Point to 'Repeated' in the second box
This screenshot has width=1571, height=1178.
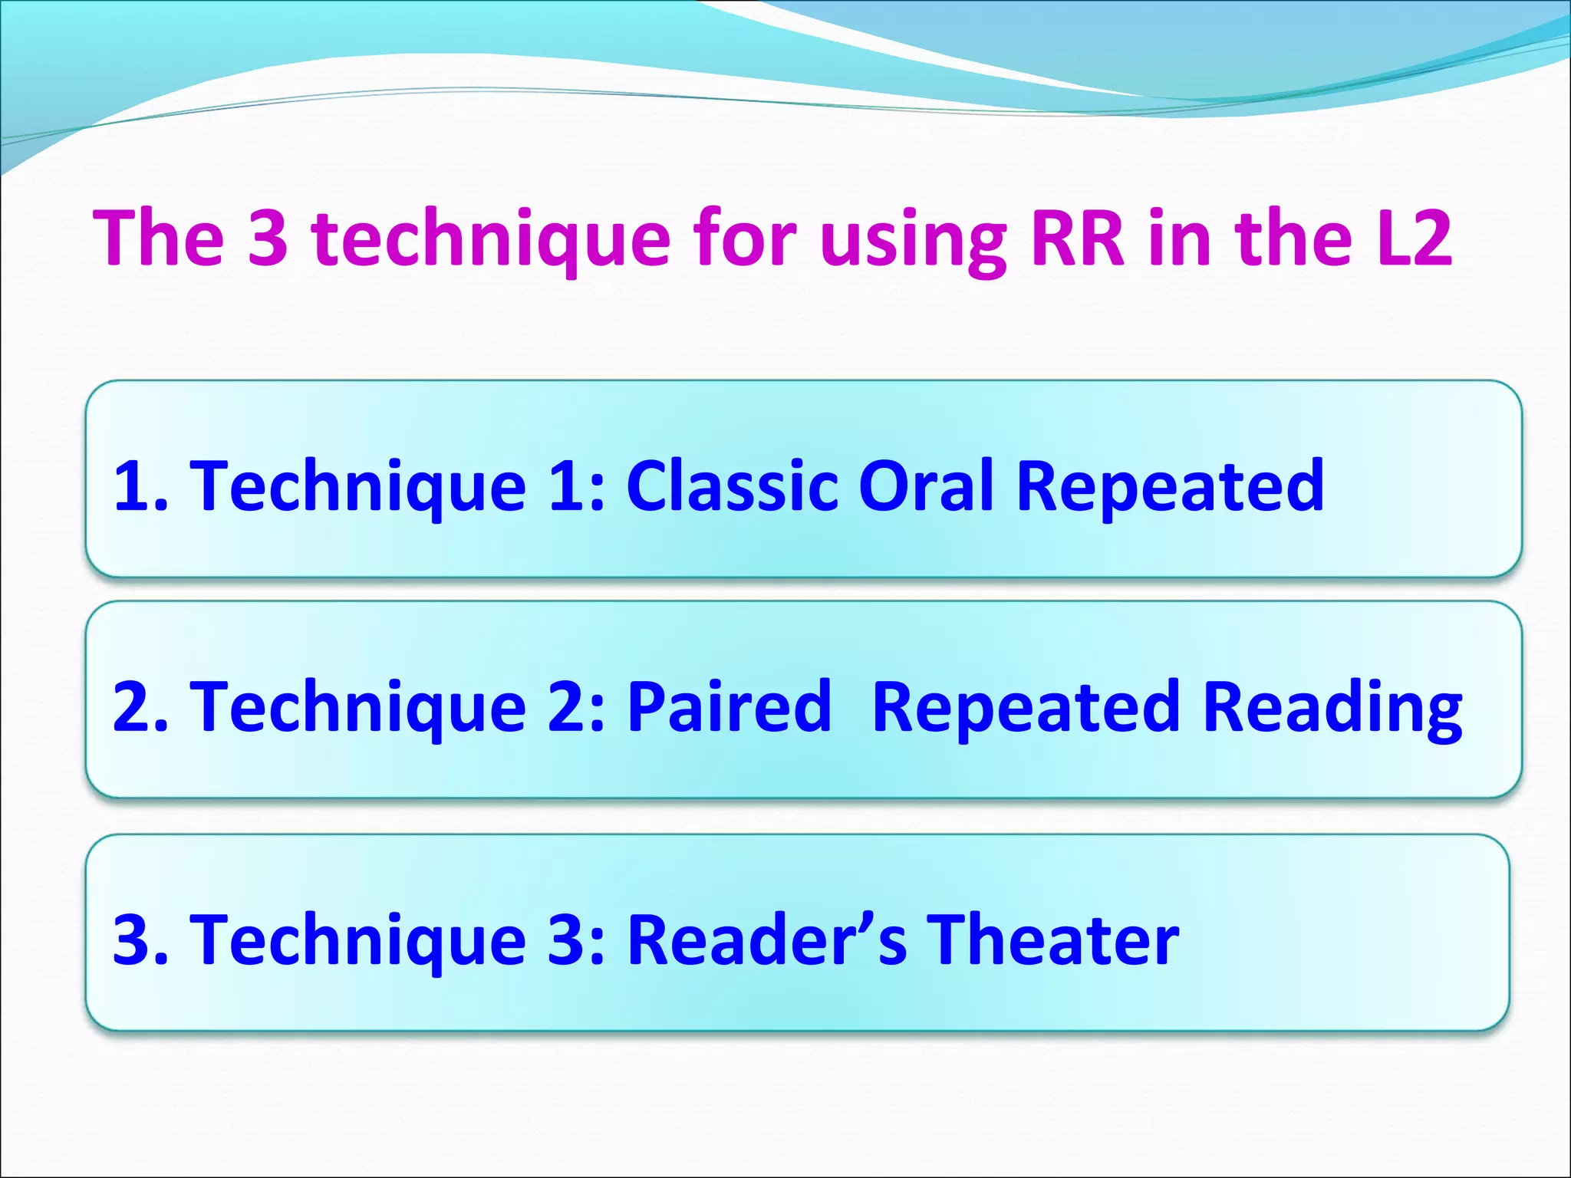[x=1026, y=707]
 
